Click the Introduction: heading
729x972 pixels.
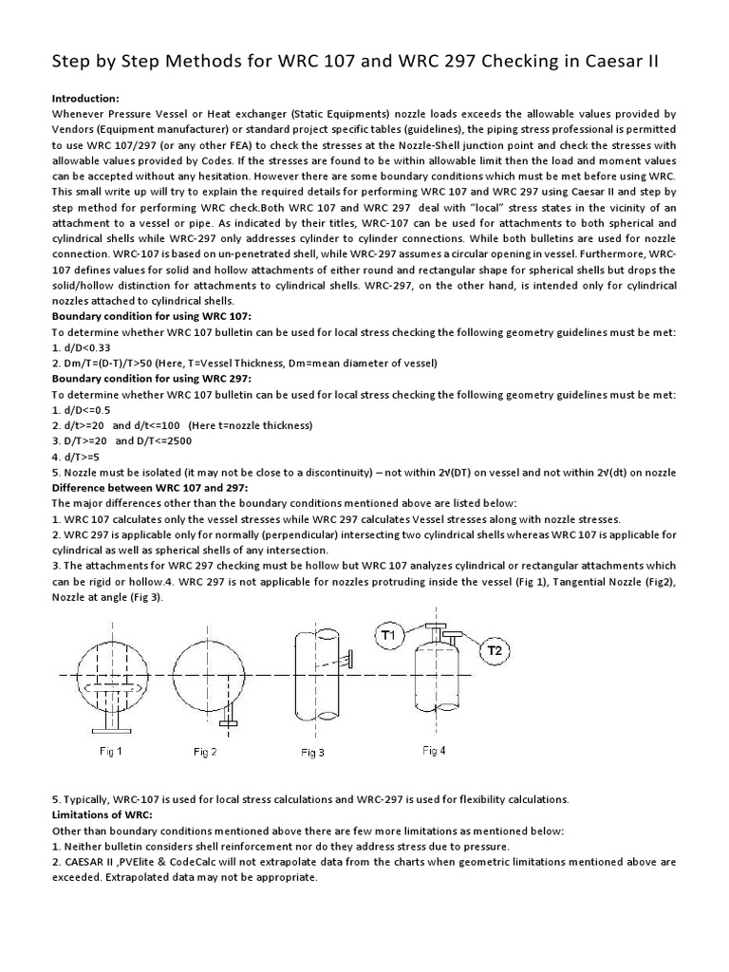(x=84, y=98)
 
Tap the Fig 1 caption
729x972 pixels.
(x=111, y=752)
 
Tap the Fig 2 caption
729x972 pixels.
(x=205, y=752)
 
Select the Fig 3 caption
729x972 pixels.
(x=313, y=753)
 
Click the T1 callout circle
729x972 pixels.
(x=392, y=634)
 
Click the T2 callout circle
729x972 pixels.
(x=495, y=650)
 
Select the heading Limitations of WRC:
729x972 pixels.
(x=101, y=815)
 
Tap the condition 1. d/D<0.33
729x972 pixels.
(x=91, y=347)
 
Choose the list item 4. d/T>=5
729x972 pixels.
(x=86, y=456)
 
